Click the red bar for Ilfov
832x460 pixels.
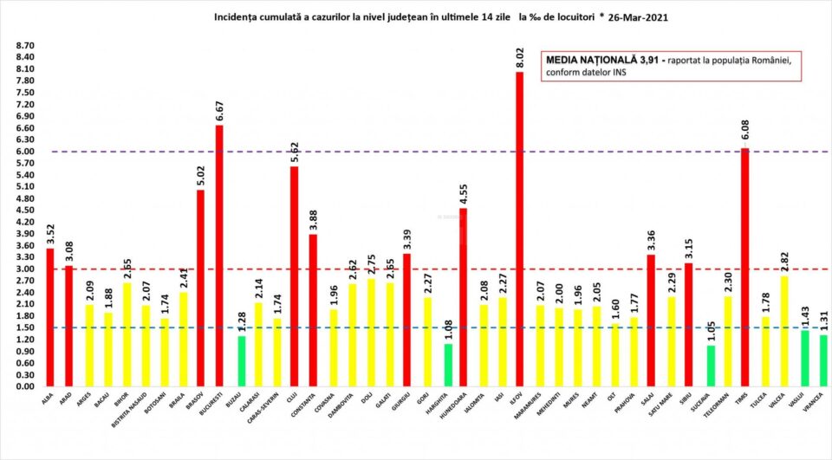519,230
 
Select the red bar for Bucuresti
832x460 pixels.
219,256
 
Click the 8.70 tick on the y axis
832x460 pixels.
24,45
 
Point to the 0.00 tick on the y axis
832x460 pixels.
24,386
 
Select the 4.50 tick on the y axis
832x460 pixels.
24,210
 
